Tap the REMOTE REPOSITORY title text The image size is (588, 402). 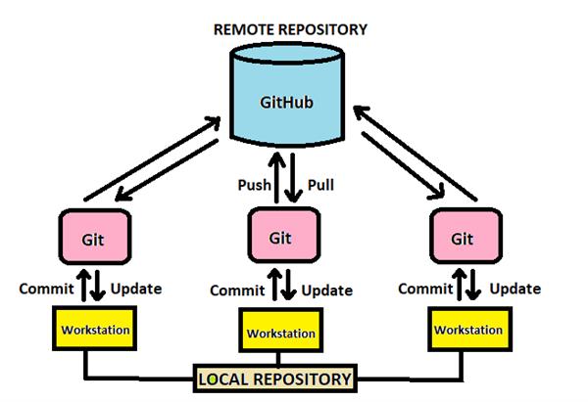pos(290,29)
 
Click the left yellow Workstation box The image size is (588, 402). pos(96,331)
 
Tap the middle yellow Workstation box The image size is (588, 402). pos(280,333)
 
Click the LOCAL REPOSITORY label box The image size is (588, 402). pos(275,378)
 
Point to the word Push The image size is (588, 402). pos(254,185)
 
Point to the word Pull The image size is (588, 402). pos(322,185)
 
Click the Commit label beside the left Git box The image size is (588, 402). pos(44,289)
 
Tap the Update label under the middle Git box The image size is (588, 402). pos(326,290)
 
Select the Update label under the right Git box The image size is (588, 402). pos(514,289)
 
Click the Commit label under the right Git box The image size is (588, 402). pos(423,289)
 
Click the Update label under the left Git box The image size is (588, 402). pos(135,289)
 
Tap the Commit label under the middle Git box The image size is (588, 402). pos(236,290)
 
